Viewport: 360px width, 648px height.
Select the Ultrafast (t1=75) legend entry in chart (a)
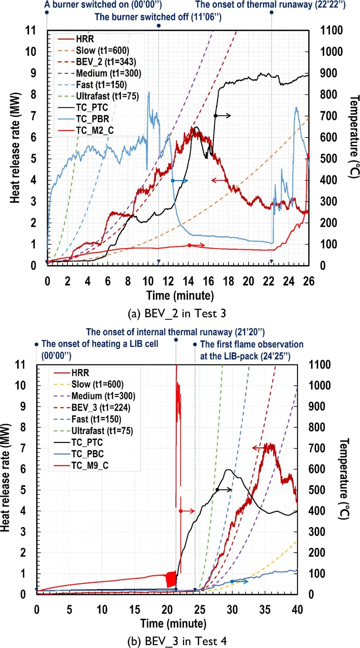pyautogui.click(x=107, y=96)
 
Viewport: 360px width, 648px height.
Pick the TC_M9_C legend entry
pyautogui.click(x=90, y=465)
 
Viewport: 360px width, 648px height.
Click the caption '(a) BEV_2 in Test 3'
pyautogui.click(x=177, y=314)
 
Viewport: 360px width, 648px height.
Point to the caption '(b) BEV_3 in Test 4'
pyautogui.click(x=177, y=641)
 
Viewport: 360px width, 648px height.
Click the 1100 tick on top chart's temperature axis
pyautogui.click(x=331, y=31)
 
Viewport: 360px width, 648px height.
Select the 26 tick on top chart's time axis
pyautogui.click(x=309, y=282)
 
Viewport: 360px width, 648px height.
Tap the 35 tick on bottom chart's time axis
pyautogui.click(x=265, y=609)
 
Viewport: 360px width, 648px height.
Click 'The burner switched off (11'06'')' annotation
pyautogui.click(x=158, y=17)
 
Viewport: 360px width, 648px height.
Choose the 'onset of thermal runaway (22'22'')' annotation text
pyautogui.click(x=270, y=5)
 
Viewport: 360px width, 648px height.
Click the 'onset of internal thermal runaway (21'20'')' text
pyautogui.click(x=175, y=332)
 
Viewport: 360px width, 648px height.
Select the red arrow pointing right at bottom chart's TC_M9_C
pyautogui.click(x=188, y=511)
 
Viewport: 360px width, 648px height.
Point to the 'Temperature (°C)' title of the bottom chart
pyautogui.click(x=344, y=479)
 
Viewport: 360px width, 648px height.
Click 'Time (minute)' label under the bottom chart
pyautogui.click(x=173, y=623)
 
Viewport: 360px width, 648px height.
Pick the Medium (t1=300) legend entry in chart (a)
pyautogui.click(x=108, y=73)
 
